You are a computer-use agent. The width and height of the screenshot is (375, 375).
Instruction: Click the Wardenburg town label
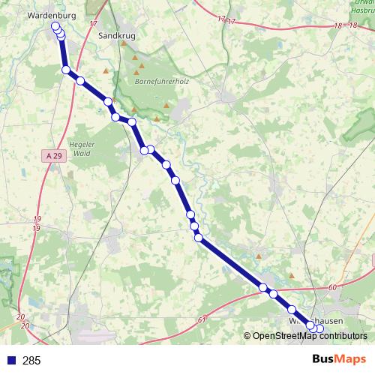click(x=47, y=14)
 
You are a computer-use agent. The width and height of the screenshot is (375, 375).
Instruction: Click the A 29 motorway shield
click(x=49, y=154)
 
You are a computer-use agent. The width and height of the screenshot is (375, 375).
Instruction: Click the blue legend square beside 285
click(x=10, y=361)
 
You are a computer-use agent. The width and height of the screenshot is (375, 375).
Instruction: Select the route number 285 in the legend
click(x=31, y=361)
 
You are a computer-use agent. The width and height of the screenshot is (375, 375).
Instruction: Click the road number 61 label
click(x=202, y=320)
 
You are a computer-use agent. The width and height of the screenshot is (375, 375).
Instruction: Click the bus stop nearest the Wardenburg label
click(x=55, y=26)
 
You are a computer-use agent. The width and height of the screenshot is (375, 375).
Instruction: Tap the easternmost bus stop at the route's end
click(x=320, y=328)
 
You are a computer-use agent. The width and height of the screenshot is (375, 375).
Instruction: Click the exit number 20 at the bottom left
click(x=20, y=319)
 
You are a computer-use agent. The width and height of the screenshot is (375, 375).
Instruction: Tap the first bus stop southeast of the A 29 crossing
click(x=80, y=80)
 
